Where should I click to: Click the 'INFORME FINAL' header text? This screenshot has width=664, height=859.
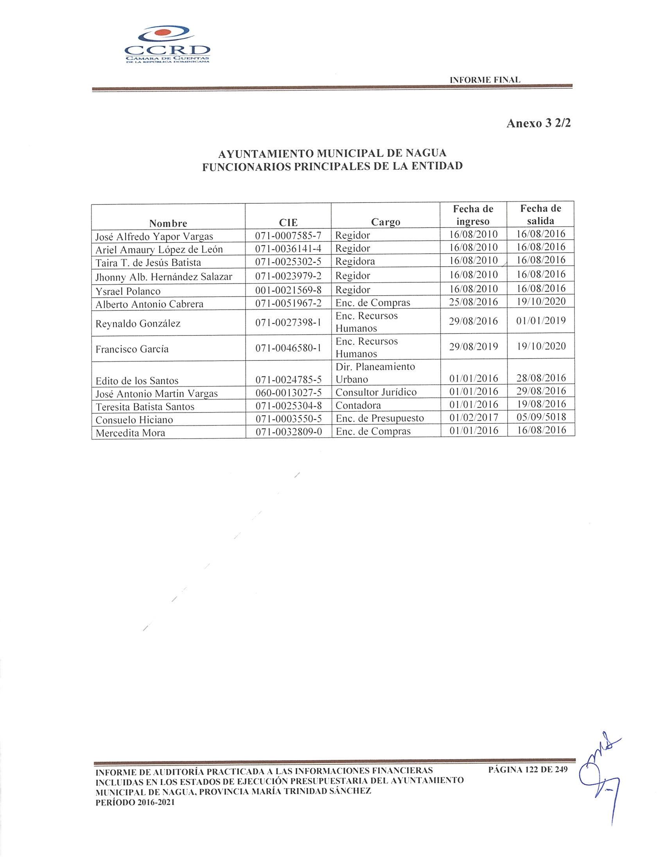coord(485,79)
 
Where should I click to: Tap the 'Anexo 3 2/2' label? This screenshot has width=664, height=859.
coord(538,123)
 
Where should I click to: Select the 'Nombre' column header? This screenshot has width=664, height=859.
coord(168,223)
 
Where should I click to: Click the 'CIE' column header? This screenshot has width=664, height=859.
coord(288,222)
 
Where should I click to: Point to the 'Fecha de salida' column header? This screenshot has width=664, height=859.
coord(540,214)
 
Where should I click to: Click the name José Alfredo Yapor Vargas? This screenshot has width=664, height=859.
coord(154,237)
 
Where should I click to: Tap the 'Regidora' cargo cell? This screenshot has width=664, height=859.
coord(355,261)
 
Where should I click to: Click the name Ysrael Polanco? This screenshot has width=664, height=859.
coord(128,291)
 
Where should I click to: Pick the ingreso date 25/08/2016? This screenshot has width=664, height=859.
coord(473,302)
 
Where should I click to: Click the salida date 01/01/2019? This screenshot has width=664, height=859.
coord(541,321)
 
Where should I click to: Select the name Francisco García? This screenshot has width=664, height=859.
coord(132,349)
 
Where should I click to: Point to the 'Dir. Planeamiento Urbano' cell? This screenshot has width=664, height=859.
coord(375,373)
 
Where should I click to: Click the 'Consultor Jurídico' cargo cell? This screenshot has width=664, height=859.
coord(376,392)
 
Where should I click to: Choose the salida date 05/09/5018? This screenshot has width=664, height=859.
coord(541,417)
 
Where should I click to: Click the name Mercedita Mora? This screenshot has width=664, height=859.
coord(130,433)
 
